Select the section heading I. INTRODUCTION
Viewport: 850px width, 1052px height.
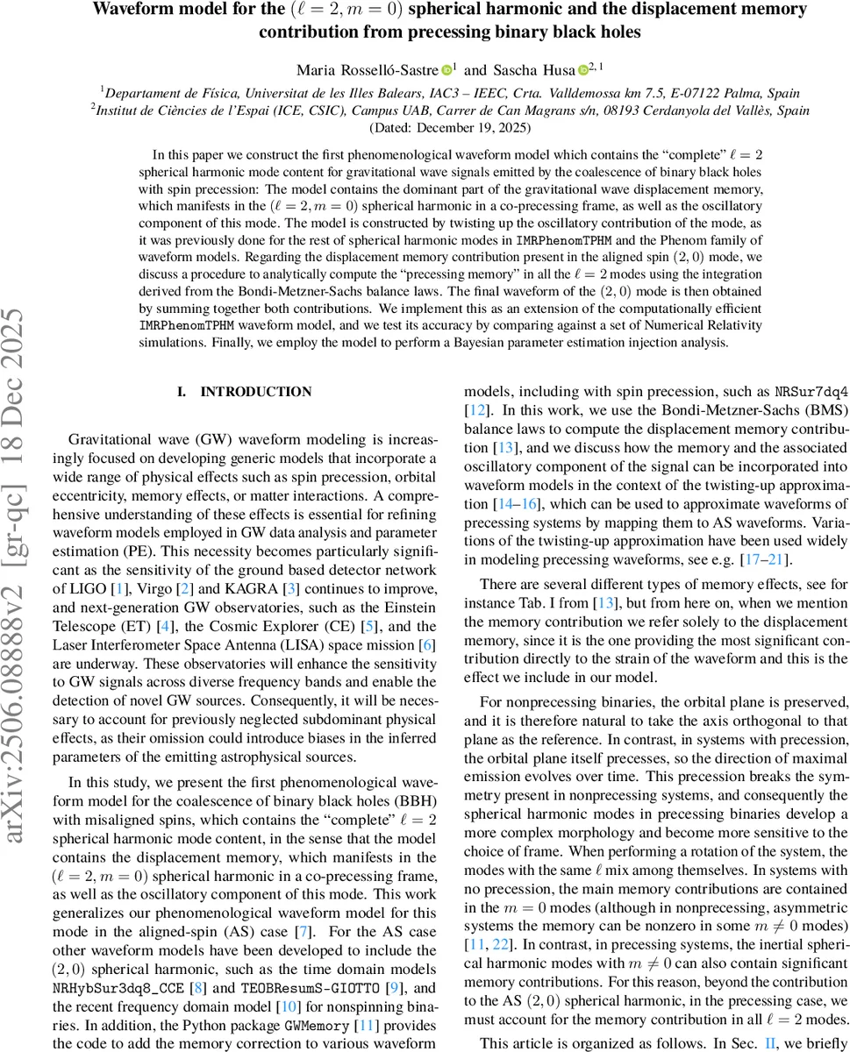[244, 392]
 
